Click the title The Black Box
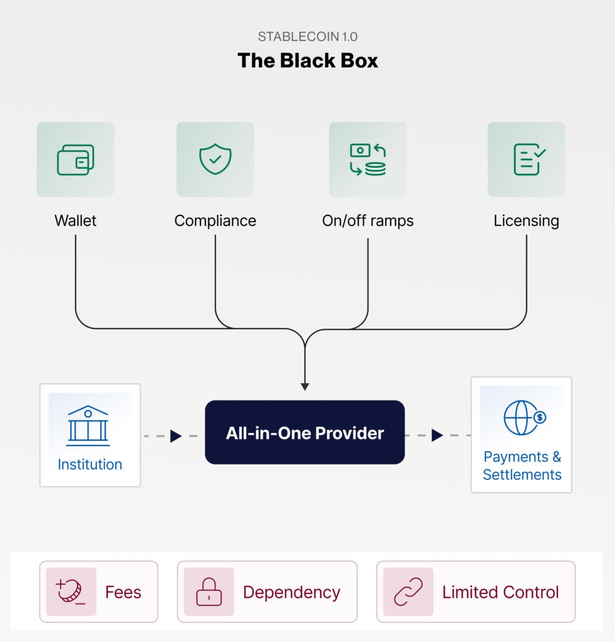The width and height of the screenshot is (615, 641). pyautogui.click(x=307, y=61)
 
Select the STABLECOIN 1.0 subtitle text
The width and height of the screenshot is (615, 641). pyautogui.click(x=307, y=36)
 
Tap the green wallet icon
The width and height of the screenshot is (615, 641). pyautogui.click(x=75, y=160)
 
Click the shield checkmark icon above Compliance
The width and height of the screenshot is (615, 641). pyautogui.click(x=215, y=160)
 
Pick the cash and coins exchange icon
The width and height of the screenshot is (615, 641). pyautogui.click(x=368, y=160)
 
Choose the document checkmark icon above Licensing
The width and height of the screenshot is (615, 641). pyautogui.click(x=526, y=160)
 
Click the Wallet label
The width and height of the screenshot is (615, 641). pyautogui.click(x=75, y=220)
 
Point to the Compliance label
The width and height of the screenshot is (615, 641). pyautogui.click(x=215, y=220)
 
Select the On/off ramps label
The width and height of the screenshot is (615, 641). pyautogui.click(x=368, y=220)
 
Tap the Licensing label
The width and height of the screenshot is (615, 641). pyautogui.click(x=526, y=220)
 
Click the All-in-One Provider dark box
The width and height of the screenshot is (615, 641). pyautogui.click(x=304, y=433)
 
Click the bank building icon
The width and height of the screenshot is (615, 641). pyautogui.click(x=88, y=425)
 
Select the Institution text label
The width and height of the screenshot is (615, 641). pyautogui.click(x=90, y=464)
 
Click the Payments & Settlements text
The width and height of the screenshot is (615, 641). pyautogui.click(x=522, y=466)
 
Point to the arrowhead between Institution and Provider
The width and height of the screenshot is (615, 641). pyautogui.click(x=175, y=436)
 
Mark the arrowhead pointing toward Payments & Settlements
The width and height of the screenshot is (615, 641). pyautogui.click(x=437, y=435)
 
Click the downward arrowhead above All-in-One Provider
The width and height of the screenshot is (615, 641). pyautogui.click(x=304, y=386)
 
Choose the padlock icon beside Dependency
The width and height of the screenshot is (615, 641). pyautogui.click(x=209, y=592)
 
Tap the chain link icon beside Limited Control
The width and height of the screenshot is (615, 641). pyautogui.click(x=408, y=592)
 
